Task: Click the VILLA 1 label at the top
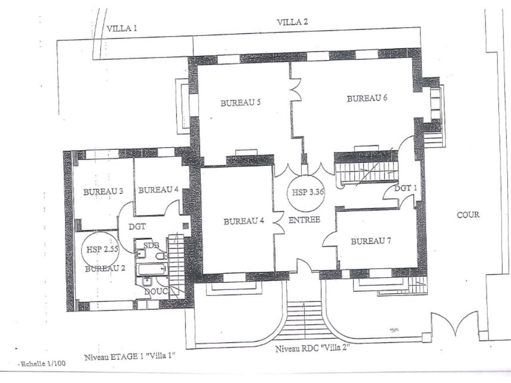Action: [x=122, y=28]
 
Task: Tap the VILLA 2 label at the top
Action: [x=292, y=22]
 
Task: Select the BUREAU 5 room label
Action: [x=240, y=103]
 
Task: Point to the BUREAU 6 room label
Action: [x=367, y=98]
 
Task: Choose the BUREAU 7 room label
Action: [x=370, y=241]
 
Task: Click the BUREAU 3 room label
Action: [x=103, y=191]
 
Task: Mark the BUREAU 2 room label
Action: [x=105, y=268]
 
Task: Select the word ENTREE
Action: [x=304, y=219]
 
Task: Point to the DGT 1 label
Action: [x=405, y=188]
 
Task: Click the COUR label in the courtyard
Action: [x=468, y=215]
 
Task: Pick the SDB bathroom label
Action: [x=151, y=244]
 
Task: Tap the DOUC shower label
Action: [x=156, y=292]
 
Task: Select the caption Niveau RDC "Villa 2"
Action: [x=312, y=348]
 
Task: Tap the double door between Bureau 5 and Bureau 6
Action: [x=295, y=89]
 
